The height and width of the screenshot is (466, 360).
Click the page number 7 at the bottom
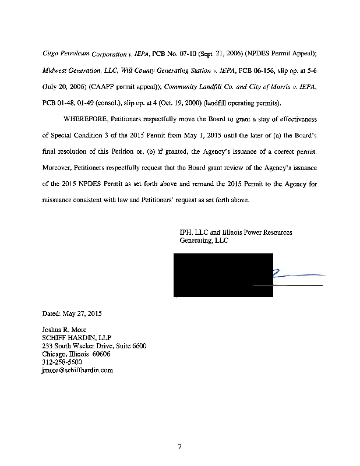pyautogui.click(x=181, y=447)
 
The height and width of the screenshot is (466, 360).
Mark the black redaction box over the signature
pyautogui.click(x=224, y=275)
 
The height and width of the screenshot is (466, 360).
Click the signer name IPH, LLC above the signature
pyautogui.click(x=194, y=232)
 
